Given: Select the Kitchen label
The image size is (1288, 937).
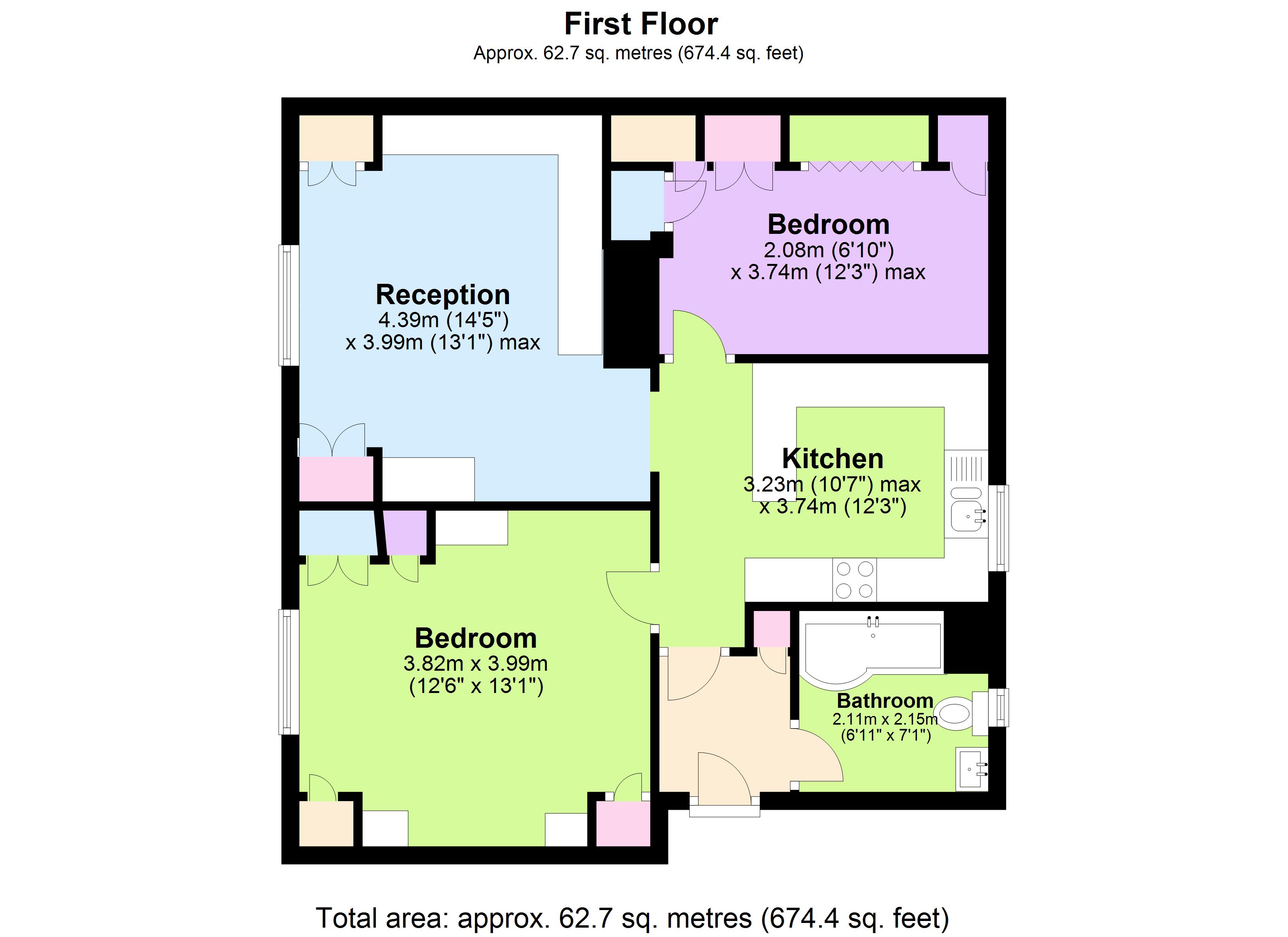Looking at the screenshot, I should [x=833, y=459].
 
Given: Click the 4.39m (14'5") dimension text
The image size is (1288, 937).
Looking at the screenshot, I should [x=443, y=320].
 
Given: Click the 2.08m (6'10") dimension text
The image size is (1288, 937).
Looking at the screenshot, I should [x=829, y=249].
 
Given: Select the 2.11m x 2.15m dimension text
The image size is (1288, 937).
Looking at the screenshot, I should [x=884, y=719].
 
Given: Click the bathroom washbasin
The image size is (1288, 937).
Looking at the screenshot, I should [x=972, y=769].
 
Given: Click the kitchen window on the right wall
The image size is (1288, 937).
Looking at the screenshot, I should [x=998, y=527].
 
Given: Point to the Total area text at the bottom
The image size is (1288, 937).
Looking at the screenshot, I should [x=632, y=918].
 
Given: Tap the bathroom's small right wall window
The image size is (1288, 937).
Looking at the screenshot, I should [x=998, y=707].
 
